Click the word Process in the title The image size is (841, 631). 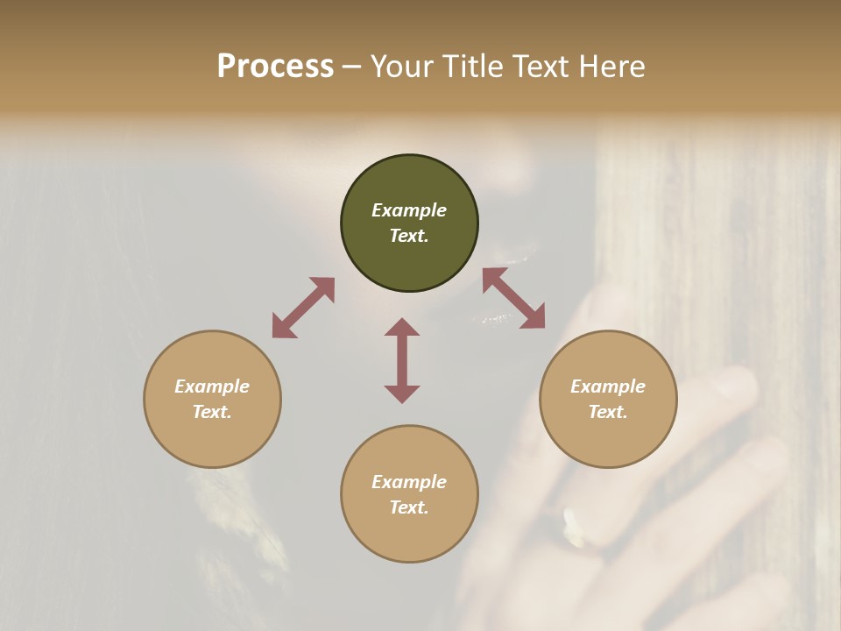275,67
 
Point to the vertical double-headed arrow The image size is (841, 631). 402,360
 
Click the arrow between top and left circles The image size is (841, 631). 303,308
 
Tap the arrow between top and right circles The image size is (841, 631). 514,298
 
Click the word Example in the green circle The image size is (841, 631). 409,210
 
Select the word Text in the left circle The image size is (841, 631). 211,412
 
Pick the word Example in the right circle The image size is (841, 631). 608,386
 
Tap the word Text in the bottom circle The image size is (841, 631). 408,507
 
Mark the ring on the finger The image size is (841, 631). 574,523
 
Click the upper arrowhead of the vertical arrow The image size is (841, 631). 402,327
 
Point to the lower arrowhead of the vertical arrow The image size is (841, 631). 402,393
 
